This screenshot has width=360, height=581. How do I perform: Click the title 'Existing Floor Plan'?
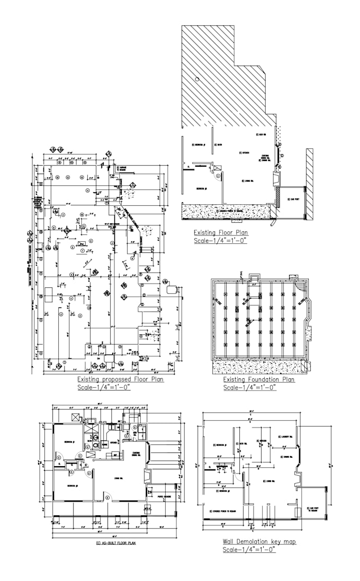click(220, 232)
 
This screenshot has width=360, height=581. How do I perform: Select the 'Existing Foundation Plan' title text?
click(259, 379)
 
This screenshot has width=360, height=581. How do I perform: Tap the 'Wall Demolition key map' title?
click(259, 542)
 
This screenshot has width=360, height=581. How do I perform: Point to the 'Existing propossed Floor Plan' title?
click(120, 379)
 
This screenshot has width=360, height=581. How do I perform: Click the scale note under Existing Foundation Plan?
click(249, 387)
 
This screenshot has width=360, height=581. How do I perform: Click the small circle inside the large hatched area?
click(197, 79)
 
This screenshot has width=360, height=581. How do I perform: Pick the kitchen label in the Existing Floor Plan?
click(246, 152)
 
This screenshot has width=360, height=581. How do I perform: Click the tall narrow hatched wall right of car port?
click(310, 183)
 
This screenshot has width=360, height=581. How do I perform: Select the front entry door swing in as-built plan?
click(107, 496)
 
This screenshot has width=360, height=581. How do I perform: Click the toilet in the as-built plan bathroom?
click(95, 446)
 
